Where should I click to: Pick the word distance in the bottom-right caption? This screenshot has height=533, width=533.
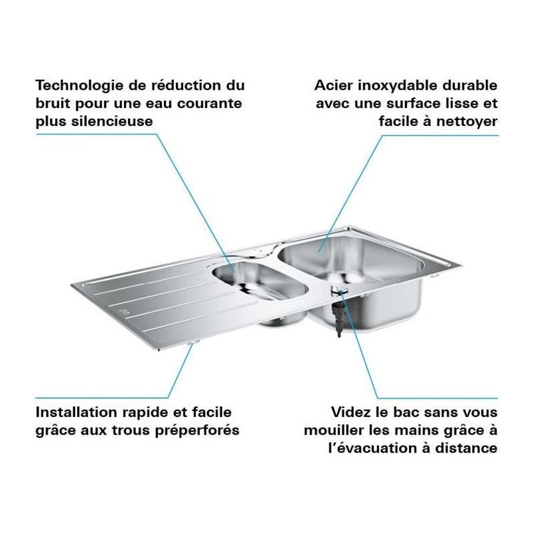coord(469,448)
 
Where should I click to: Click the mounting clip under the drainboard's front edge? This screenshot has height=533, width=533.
coord(193,342)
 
